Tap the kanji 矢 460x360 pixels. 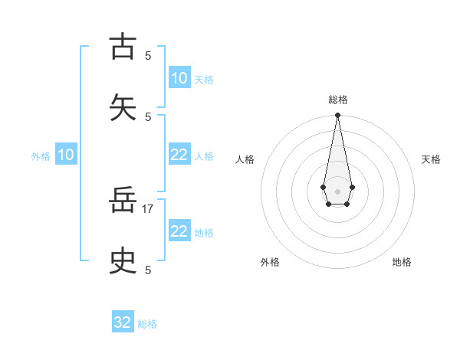pyautogui.click(x=123, y=106)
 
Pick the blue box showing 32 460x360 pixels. pyautogui.click(x=123, y=322)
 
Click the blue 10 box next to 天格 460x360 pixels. pyautogui.click(x=179, y=78)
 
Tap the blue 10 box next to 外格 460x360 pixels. pyautogui.click(x=66, y=155)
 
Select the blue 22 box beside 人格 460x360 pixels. pyautogui.click(x=179, y=155)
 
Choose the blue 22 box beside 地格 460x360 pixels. pyautogui.click(x=179, y=231)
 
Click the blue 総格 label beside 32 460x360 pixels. pyautogui.click(x=147, y=324)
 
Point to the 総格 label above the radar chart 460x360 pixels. pyautogui.click(x=337, y=100)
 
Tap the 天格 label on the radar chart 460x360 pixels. pyautogui.click(x=431, y=159)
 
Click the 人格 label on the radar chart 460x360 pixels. pyautogui.click(x=245, y=159)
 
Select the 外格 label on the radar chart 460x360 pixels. pyautogui.click(x=270, y=262)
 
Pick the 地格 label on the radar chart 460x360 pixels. pyautogui.click(x=402, y=262)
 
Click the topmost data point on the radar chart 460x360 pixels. pyautogui.click(x=337, y=116)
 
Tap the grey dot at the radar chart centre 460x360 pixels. pyautogui.click(x=337, y=191)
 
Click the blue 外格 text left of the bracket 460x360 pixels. pyautogui.click(x=41, y=156)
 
